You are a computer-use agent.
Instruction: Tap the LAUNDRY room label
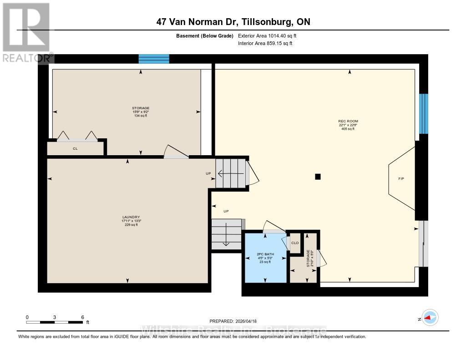131,217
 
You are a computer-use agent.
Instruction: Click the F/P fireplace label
401,179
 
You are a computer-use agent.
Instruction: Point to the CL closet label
76,148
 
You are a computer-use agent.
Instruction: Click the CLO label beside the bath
295,243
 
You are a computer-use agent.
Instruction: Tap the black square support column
318,177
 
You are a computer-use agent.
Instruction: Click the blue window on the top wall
154,59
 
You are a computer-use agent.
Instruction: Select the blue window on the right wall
423,114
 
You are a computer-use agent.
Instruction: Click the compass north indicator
429,318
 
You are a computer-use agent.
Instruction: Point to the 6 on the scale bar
82,317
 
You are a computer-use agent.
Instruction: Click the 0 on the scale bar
27,317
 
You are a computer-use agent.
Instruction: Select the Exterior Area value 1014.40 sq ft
280,35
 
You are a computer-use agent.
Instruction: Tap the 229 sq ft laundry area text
131,225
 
